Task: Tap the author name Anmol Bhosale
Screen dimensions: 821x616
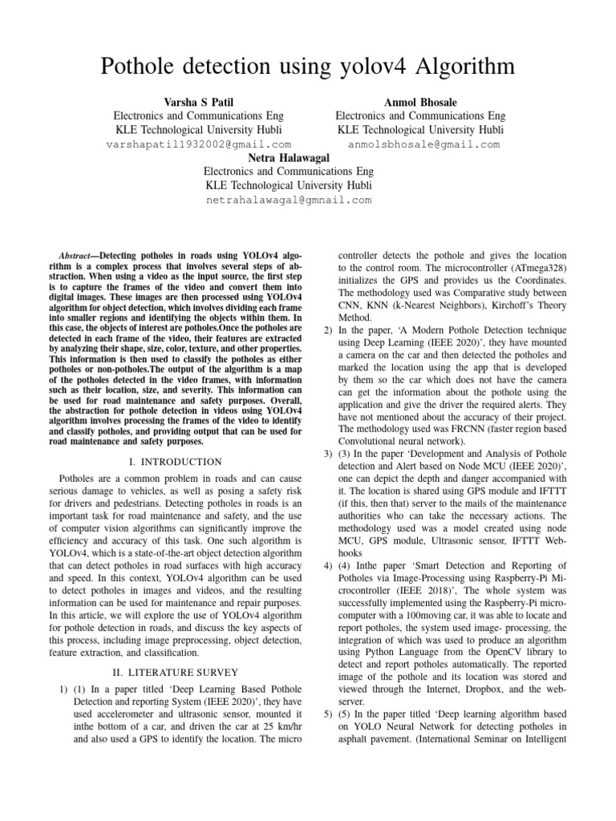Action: click(x=419, y=102)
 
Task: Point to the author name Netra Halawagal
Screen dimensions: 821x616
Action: click(x=288, y=157)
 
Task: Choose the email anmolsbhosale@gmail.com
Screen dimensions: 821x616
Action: click(x=423, y=145)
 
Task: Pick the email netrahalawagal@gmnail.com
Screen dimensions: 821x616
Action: click(x=289, y=200)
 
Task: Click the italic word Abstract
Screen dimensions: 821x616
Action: click(x=78, y=253)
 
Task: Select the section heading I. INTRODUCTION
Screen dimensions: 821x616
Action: click(x=176, y=462)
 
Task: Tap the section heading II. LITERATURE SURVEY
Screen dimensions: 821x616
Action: click(x=175, y=671)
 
